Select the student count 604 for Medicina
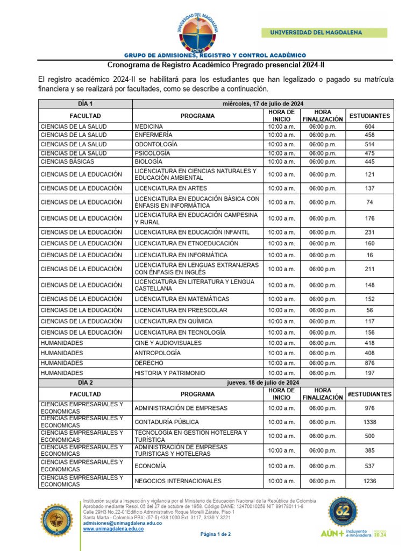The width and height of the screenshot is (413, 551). coord(369,126)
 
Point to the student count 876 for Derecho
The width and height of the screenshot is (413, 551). coord(369,363)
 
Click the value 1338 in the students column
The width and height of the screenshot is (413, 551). coord(369,422)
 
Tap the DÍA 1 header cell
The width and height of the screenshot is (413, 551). coord(85,104)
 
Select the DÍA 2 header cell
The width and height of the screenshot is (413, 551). coord(85,383)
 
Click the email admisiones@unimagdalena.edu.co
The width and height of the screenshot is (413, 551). coord(122,523)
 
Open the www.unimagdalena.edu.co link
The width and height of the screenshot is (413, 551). coord(113,529)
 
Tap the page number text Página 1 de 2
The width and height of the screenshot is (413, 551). coord(215,534)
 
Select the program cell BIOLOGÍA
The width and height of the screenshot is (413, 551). coord(148,161)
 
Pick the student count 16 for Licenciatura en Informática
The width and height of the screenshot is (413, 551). coord(369,255)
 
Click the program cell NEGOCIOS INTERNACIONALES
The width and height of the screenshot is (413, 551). coord(177,481)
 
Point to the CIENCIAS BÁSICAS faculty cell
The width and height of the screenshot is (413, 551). coord(67,161)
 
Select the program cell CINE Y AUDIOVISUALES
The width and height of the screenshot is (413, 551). coord(168,343)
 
